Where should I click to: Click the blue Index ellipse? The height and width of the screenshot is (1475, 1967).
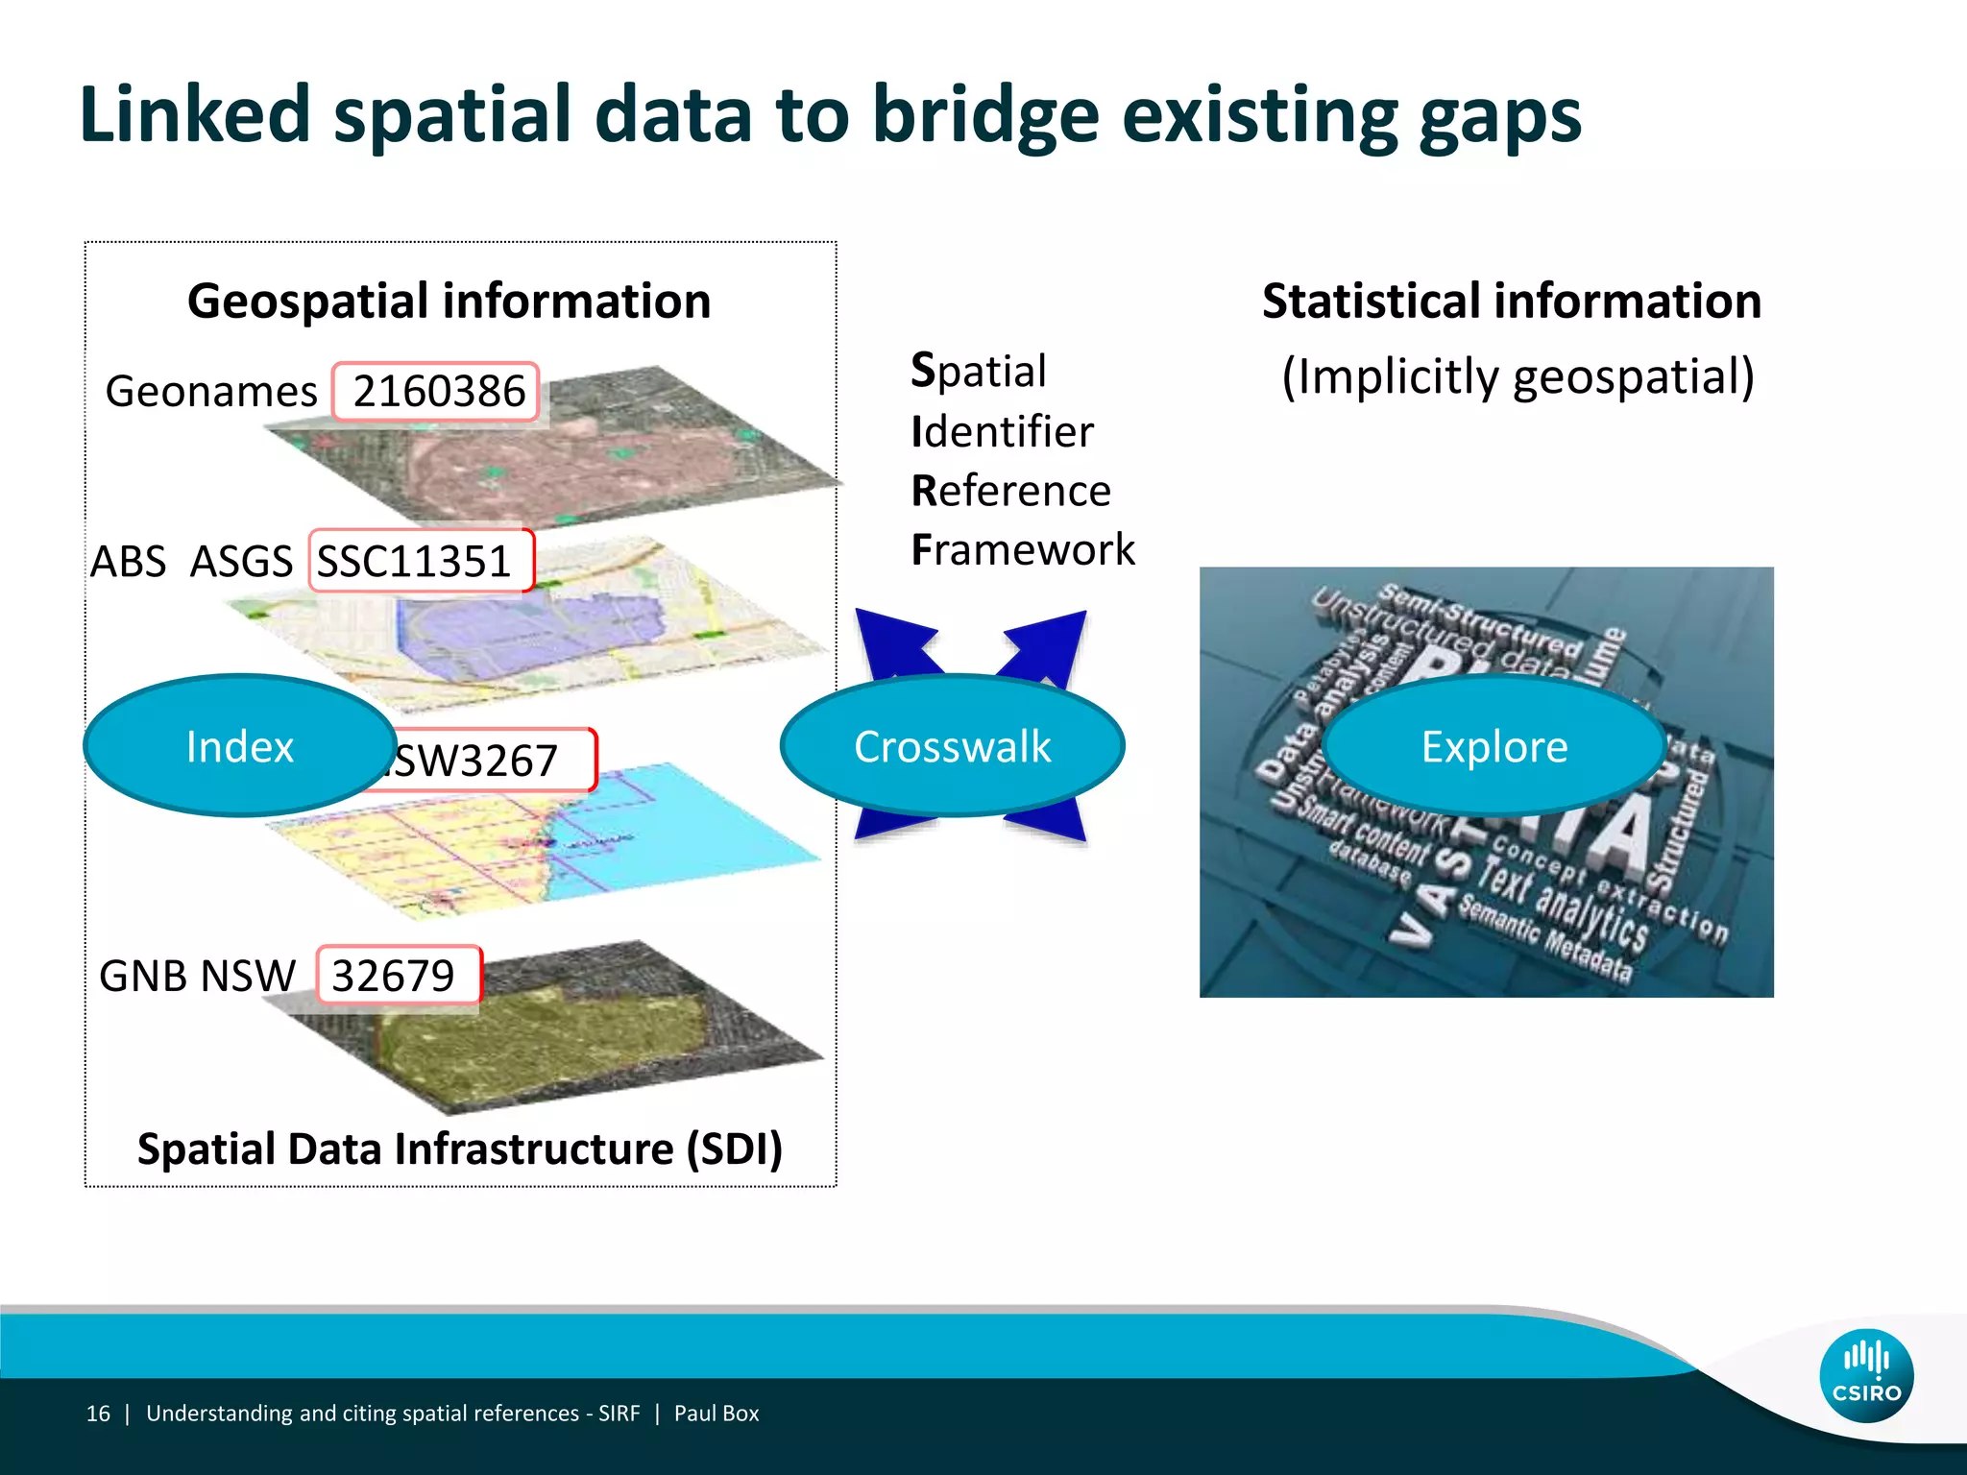[x=239, y=746]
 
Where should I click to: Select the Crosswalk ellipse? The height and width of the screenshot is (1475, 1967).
[x=952, y=746]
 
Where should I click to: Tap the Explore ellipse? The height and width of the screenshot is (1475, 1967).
[x=1493, y=746]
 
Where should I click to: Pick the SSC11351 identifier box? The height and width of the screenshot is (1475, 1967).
[x=420, y=561]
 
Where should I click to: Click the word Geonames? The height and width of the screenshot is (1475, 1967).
[x=211, y=392]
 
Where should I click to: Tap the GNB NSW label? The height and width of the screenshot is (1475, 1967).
[x=197, y=976]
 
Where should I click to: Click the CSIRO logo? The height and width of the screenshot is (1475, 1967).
[x=1865, y=1376]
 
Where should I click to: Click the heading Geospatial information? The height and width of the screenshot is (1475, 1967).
[x=449, y=302]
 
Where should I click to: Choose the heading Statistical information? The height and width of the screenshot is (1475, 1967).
[x=1511, y=302]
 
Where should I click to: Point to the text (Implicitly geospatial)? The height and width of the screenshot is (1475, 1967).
[x=1518, y=376]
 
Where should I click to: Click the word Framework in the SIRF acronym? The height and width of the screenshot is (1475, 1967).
[x=1023, y=550]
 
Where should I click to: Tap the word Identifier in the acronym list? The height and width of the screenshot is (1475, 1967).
[x=1002, y=432]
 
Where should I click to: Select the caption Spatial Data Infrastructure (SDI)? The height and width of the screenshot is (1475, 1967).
[x=460, y=1149]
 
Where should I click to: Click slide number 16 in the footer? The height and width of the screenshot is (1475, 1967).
[x=98, y=1414]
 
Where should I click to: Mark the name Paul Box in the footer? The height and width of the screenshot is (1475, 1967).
[x=716, y=1414]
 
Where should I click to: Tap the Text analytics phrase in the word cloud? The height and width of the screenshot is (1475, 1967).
[x=1561, y=903]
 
